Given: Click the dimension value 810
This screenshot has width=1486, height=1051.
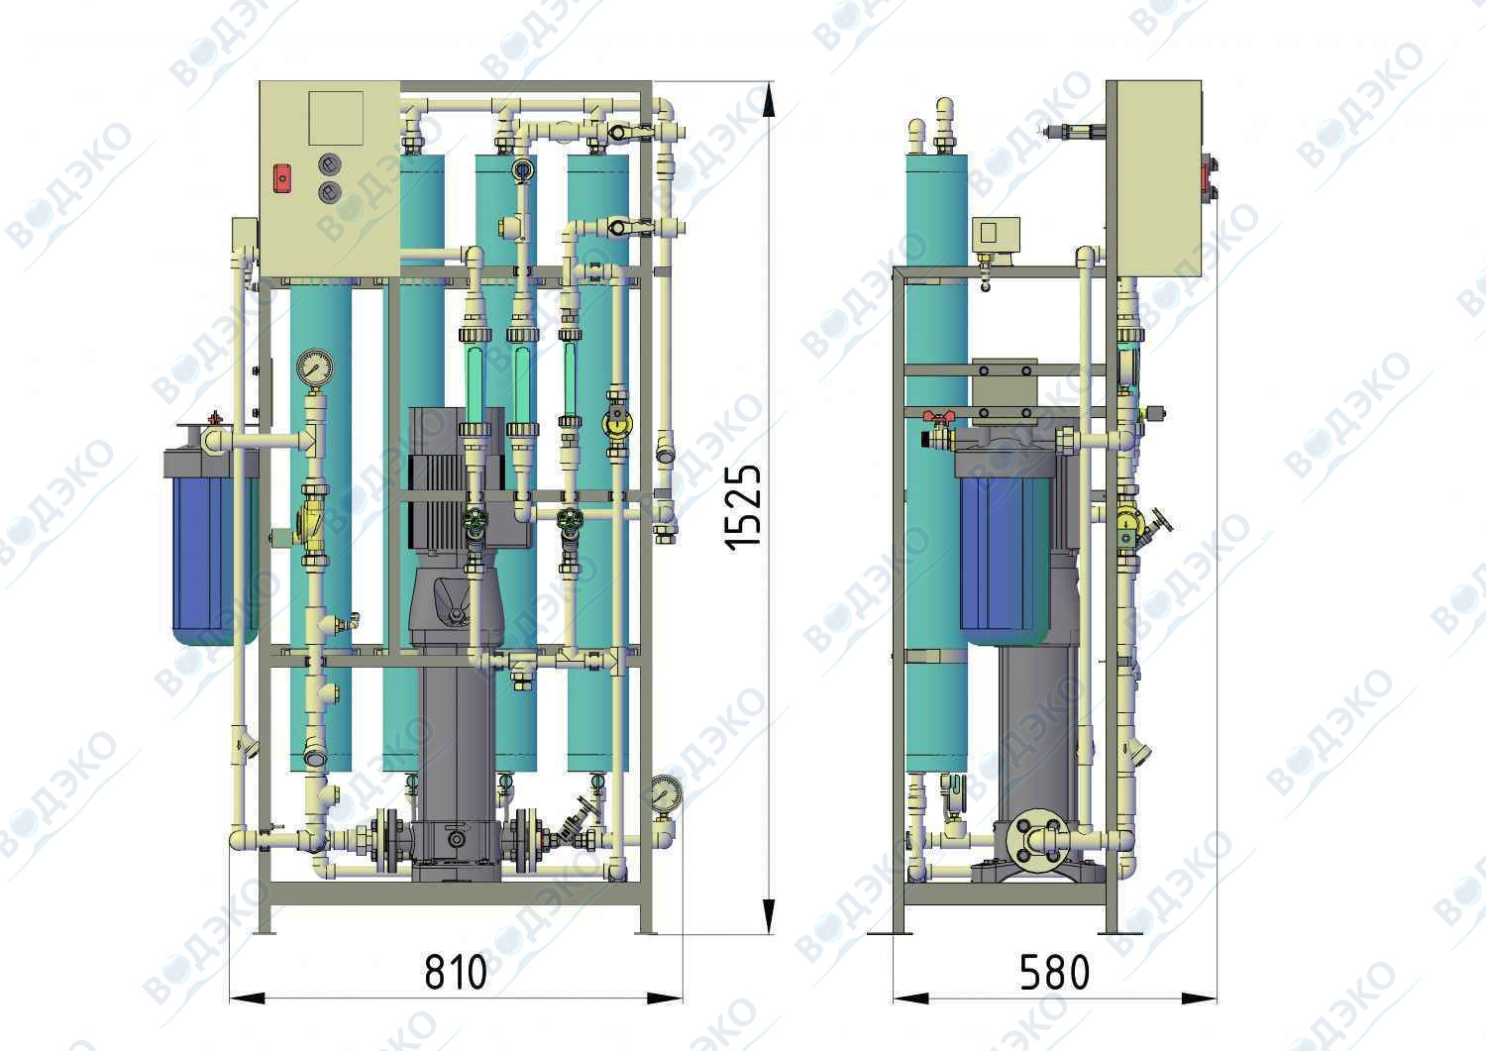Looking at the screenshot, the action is pos(455,972).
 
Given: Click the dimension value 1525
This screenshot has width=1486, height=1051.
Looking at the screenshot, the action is pos(743,508).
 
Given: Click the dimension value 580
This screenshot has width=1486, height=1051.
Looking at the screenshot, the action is pos(1054,972).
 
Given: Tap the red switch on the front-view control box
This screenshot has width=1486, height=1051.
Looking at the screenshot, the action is pos(282,178).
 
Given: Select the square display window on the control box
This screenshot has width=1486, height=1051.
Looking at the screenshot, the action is pos(337,118).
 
